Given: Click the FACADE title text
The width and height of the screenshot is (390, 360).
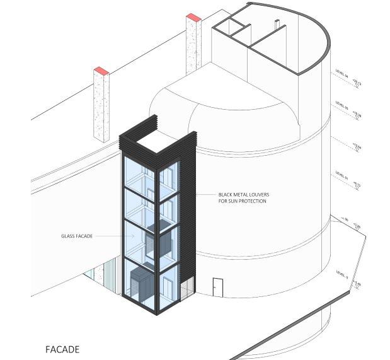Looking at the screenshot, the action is click(62, 348).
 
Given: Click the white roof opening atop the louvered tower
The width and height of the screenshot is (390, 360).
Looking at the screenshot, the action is click(155, 142).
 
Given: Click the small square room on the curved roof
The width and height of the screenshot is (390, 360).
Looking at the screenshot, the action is click(229, 27).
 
